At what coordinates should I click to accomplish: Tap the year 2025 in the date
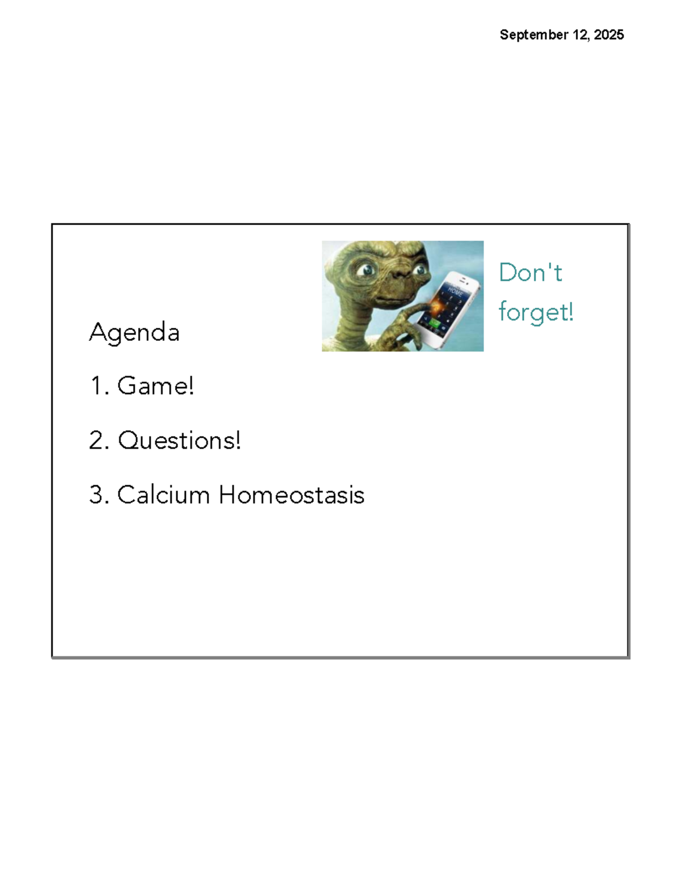tap(609, 35)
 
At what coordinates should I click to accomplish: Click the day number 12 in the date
tap(581, 35)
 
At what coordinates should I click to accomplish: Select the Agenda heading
tap(134, 332)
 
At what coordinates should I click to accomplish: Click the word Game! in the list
tap(156, 386)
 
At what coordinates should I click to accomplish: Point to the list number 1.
tap(97, 386)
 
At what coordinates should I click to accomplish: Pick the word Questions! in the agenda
tap(180, 440)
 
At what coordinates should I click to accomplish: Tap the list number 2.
tap(97, 440)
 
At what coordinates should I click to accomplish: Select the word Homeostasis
tap(292, 495)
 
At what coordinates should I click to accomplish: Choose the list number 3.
tap(97, 495)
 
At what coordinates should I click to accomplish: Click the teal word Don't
tap(530, 273)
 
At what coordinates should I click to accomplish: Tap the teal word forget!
tap(536, 312)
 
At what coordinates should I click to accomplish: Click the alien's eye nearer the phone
tap(420, 270)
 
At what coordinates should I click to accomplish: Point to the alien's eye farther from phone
tap(368, 269)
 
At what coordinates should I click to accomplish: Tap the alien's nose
tap(398, 274)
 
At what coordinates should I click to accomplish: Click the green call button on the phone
tap(434, 323)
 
